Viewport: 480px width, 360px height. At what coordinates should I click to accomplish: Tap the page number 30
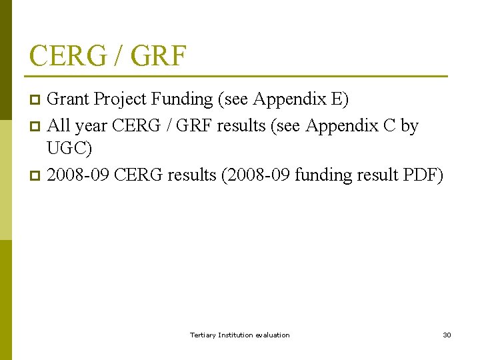[447, 335]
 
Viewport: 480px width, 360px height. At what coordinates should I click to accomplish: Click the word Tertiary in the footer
[203, 335]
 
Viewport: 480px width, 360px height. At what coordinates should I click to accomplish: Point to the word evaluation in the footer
[272, 335]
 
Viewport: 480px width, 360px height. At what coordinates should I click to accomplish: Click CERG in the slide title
[67, 55]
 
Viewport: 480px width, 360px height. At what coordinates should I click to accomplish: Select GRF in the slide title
[159, 55]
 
